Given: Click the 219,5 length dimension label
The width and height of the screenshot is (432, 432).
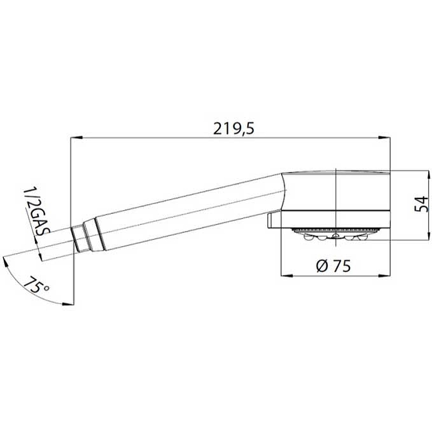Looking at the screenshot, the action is (x=234, y=129).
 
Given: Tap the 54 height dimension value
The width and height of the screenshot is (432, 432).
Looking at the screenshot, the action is (x=422, y=204).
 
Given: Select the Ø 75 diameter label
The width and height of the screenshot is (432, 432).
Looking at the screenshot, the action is (x=334, y=266).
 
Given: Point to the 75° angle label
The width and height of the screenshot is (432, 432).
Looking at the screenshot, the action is (x=35, y=285).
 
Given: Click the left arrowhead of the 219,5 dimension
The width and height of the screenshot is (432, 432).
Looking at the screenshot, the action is (x=77, y=138).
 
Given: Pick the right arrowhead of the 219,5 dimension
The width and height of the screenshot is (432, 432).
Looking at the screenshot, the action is (x=384, y=138).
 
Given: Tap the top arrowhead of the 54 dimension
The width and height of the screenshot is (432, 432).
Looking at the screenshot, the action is (x=429, y=177).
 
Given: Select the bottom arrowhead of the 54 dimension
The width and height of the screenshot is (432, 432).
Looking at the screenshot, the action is (x=429, y=235).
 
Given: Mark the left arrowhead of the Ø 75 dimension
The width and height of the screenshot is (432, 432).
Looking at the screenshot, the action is (x=287, y=275).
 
